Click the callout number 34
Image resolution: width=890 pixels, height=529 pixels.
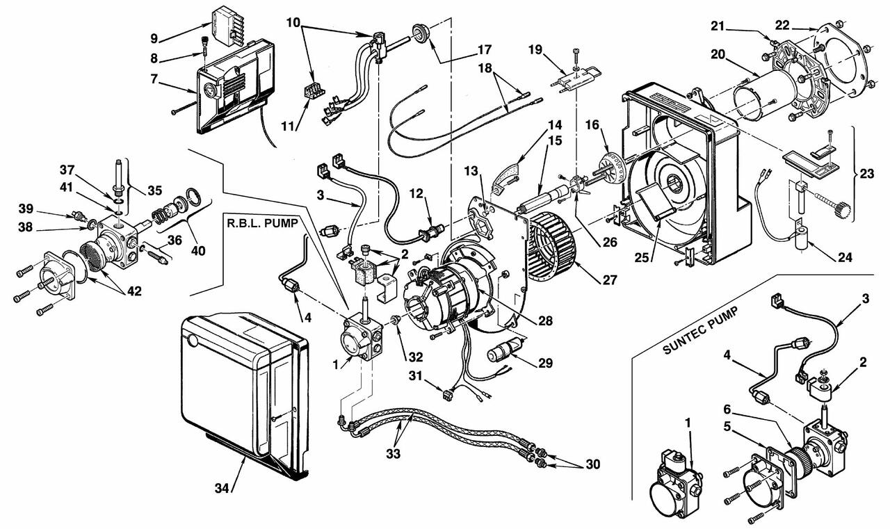(x=222, y=488)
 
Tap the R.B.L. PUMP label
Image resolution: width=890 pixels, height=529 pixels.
(x=262, y=223)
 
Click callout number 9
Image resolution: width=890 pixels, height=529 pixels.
(x=154, y=38)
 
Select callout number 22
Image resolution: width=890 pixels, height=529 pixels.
(x=782, y=26)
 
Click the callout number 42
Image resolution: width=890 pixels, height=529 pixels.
(x=134, y=291)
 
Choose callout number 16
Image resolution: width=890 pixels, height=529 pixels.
(x=592, y=125)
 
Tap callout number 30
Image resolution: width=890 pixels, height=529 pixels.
(x=592, y=464)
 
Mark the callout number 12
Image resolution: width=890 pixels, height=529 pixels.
(x=416, y=193)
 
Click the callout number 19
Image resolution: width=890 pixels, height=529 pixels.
(x=535, y=49)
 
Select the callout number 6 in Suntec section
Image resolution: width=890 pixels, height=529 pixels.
(x=727, y=409)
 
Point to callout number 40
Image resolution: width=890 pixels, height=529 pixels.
(x=198, y=251)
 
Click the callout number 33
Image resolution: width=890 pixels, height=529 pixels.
(x=394, y=453)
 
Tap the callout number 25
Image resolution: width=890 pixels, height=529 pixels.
(x=642, y=258)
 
